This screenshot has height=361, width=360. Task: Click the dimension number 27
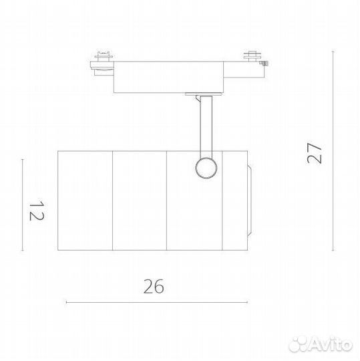(314, 153)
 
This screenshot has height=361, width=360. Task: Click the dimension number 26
(154, 286)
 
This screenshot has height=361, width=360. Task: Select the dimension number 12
(37, 211)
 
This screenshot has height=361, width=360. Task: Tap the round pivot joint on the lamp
(206, 168)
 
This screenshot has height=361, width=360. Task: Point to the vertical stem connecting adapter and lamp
(206, 126)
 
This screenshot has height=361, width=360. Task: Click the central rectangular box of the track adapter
(168, 77)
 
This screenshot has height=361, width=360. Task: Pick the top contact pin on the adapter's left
(104, 56)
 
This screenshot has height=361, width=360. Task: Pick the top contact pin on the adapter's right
(252, 55)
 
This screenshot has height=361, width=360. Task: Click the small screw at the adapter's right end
(264, 63)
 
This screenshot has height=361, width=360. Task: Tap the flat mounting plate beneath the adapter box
(204, 94)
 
